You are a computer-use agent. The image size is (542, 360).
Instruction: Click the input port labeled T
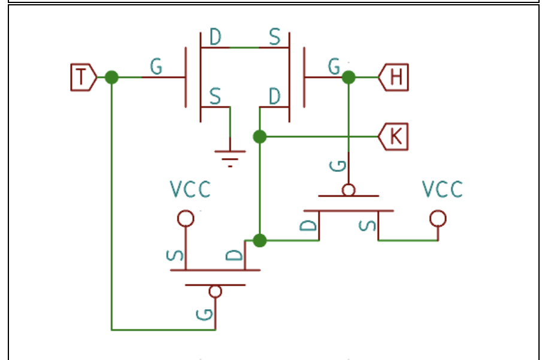[x=82, y=77]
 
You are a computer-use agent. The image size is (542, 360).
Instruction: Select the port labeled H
[x=395, y=77]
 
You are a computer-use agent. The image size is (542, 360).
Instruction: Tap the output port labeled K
[x=394, y=137]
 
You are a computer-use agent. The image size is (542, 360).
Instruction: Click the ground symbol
[x=230, y=156]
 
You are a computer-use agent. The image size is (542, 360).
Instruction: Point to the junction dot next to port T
[x=111, y=77]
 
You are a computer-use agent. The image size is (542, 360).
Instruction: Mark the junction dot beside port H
[x=349, y=77]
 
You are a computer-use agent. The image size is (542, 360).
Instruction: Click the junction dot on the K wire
[x=259, y=137]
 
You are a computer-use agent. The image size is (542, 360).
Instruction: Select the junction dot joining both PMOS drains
[x=259, y=240]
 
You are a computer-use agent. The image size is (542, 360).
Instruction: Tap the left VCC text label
[x=190, y=190]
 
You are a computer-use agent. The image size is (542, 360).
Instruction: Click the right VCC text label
[x=442, y=189]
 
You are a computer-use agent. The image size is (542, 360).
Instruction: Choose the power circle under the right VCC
[x=438, y=218]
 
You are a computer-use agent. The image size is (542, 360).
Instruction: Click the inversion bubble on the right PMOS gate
[x=349, y=190]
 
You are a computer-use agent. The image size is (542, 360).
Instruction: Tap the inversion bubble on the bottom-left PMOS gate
[x=215, y=292]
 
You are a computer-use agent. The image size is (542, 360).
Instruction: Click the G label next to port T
[x=156, y=66]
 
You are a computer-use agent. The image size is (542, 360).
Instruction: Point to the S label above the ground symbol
[x=214, y=96]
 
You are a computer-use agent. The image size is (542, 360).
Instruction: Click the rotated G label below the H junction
[x=337, y=165]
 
